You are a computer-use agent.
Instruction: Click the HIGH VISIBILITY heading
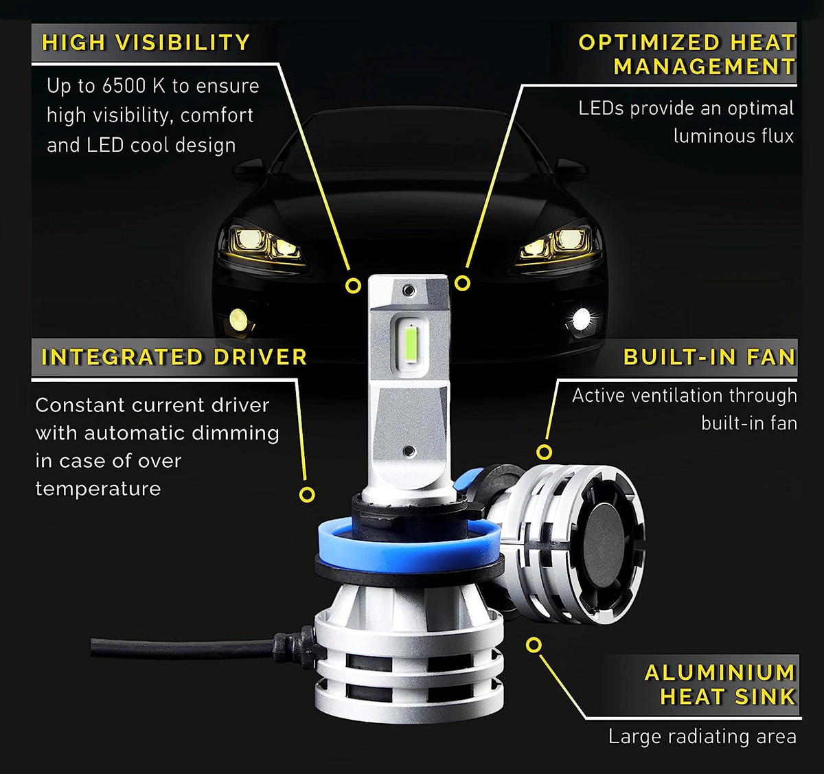146,43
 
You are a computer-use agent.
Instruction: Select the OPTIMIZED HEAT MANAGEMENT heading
687,55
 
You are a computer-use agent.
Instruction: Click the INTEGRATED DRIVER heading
174,357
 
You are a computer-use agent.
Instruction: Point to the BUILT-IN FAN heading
709,357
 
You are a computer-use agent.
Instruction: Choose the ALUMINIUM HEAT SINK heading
720,684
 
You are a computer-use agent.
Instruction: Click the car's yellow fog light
238,318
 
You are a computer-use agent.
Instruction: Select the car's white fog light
582,318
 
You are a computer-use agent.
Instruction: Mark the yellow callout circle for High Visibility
353,286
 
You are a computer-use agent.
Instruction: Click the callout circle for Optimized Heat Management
463,283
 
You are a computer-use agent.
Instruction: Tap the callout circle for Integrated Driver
307,494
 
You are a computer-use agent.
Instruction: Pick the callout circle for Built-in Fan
544,452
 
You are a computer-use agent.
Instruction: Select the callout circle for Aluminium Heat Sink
534,645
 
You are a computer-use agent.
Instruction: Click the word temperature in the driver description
98,489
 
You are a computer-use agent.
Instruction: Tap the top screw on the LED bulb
409,291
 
